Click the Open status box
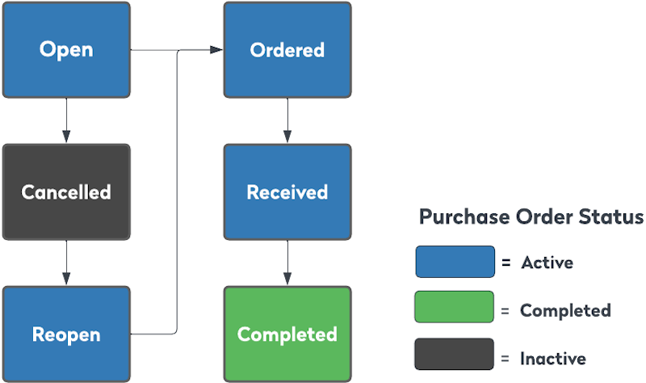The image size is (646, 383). point(66,50)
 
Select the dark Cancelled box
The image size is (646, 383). point(66,192)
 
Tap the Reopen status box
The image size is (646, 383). point(66,334)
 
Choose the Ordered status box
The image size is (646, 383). point(287,50)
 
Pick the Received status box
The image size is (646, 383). point(287,192)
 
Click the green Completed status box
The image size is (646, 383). point(287,334)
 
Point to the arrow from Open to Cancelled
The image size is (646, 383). point(66,121)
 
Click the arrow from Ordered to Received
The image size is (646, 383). point(287,121)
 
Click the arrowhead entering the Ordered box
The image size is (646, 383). point(216,50)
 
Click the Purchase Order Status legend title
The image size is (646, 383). point(531,217)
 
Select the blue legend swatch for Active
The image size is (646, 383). point(455,262)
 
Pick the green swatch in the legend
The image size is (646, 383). point(455,308)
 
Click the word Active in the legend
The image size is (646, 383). point(547,263)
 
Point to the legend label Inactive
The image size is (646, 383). point(553,358)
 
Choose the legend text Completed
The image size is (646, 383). point(565,310)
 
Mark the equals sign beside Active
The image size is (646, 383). point(506,263)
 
